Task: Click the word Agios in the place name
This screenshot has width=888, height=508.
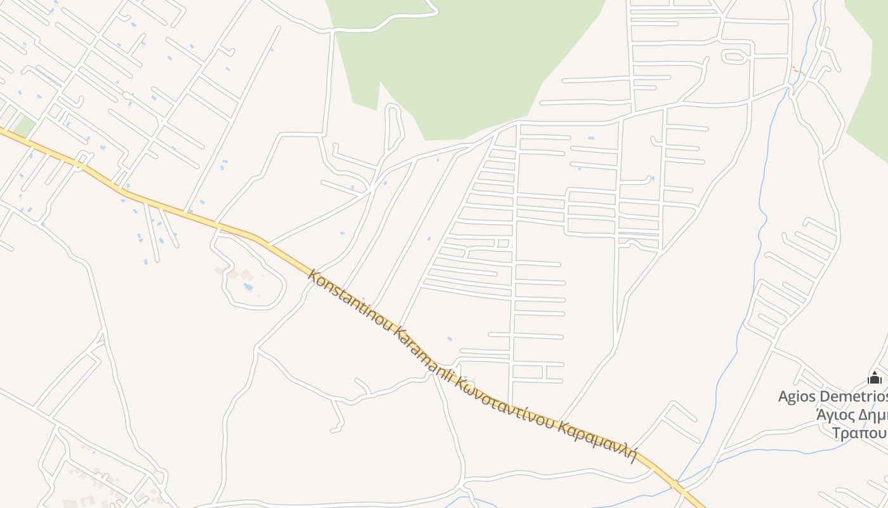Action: (797, 397)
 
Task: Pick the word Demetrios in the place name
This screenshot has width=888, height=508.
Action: (853, 397)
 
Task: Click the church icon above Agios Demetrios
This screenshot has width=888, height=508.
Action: (875, 378)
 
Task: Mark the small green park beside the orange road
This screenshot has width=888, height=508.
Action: (24, 126)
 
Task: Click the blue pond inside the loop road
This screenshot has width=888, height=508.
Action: (248, 286)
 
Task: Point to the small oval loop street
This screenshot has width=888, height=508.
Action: (735, 57)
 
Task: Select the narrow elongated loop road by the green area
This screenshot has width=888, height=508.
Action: (394, 127)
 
